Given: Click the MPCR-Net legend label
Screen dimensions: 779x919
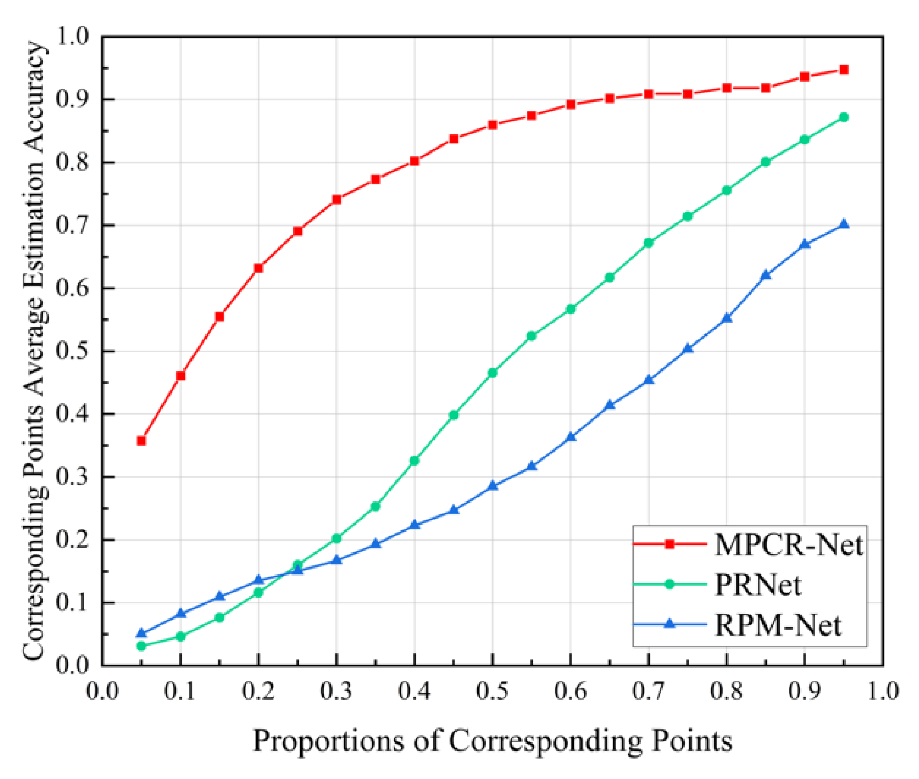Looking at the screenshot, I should click(789, 544).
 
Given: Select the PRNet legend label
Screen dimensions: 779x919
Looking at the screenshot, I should click(758, 585).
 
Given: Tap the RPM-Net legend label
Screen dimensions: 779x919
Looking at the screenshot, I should click(778, 625).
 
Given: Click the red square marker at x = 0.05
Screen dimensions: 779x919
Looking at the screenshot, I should click(142, 441).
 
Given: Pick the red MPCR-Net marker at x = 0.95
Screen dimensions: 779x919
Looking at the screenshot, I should click(843, 70).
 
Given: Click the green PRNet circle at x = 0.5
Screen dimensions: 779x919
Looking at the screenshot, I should click(492, 373).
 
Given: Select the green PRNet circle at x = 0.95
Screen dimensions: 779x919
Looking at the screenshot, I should click(843, 117).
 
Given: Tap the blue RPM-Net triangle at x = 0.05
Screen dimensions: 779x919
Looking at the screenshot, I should click(142, 634).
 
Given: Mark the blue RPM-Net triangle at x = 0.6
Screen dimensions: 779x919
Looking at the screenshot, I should click(570, 437).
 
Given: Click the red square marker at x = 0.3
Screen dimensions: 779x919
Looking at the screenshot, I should click(336, 199).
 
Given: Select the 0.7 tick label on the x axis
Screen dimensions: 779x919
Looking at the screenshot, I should click(648, 691).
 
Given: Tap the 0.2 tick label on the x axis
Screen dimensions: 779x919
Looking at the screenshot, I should click(258, 691).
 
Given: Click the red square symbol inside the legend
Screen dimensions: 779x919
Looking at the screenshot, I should click(670, 544).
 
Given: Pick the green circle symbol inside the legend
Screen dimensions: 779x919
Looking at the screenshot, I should click(670, 584).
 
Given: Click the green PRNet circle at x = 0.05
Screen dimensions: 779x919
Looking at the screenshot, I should click(142, 646).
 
